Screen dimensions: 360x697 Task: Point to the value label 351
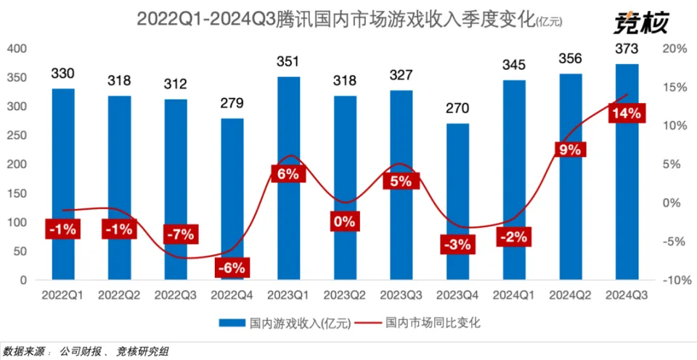coord(288,62)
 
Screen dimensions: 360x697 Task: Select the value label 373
coord(627,49)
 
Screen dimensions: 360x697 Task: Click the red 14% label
coord(627,113)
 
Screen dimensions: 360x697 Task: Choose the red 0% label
coord(345,221)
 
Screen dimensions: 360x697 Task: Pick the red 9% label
coord(570,150)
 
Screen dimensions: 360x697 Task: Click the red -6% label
coord(232,267)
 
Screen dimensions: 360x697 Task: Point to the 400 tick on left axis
coord(17,49)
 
